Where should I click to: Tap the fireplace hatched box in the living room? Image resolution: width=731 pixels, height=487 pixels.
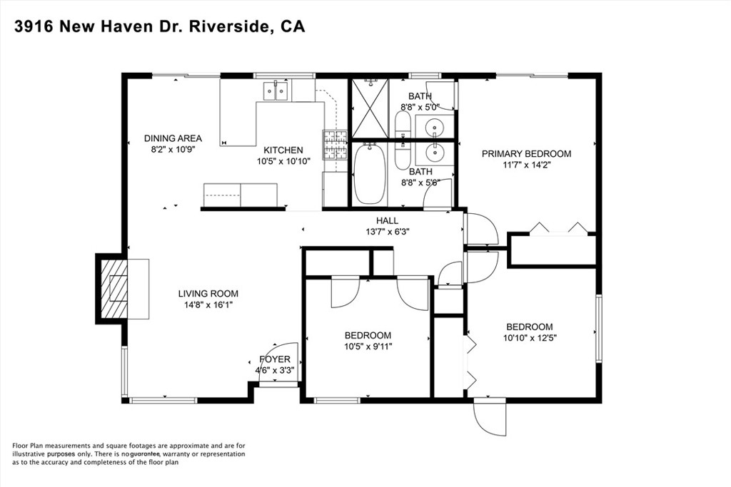click(x=112, y=289)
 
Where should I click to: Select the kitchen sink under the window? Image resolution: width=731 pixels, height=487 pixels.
click(x=276, y=90)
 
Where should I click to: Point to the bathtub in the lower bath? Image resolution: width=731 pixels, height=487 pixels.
click(x=370, y=175)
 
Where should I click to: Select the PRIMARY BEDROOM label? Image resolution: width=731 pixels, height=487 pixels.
click(x=526, y=153)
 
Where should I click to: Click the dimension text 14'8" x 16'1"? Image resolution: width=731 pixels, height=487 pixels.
click(x=208, y=304)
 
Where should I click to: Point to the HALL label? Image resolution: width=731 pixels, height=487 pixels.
click(x=388, y=221)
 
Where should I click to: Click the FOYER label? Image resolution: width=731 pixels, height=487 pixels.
click(x=275, y=359)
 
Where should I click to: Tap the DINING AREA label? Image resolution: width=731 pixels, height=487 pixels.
click(x=173, y=138)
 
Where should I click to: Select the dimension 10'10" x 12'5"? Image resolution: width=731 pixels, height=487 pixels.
click(x=530, y=338)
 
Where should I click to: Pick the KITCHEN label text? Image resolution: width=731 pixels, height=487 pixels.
click(x=283, y=150)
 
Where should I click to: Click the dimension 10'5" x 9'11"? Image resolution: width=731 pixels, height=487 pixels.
click(x=368, y=347)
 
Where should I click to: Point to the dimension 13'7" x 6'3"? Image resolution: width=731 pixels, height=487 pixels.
click(x=388, y=232)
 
